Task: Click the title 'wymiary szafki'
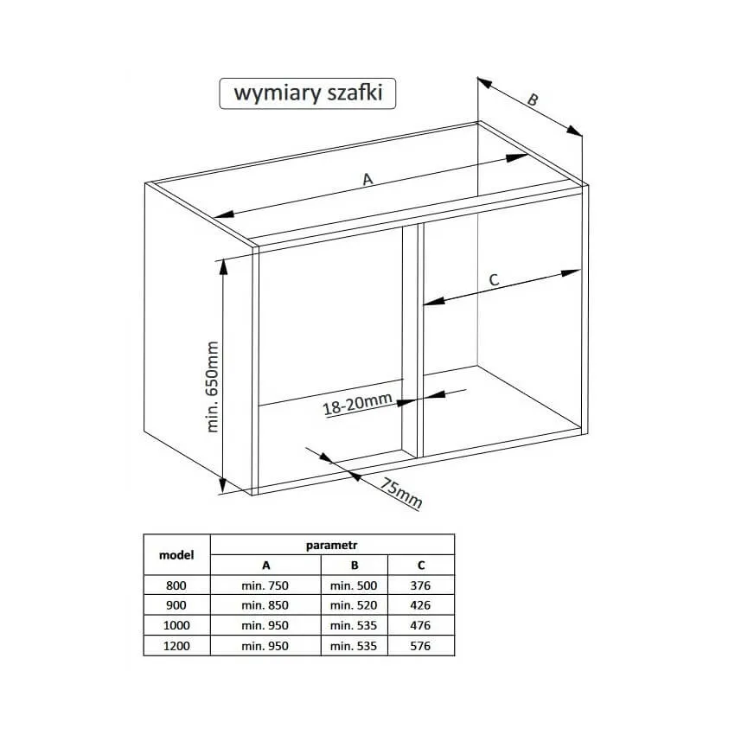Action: pos(308,93)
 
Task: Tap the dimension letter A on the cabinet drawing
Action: pos(367,179)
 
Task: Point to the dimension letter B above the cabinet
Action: pos(533,99)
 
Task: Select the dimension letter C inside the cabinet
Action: pos(494,280)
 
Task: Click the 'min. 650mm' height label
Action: pos(213,387)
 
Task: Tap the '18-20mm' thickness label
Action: pos(358,404)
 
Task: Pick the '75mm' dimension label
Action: pos(400,493)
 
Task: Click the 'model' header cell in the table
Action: pos(176,555)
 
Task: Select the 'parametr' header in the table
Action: pos(331,545)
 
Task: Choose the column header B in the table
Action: pos(355,566)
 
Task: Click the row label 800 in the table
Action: pos(176,585)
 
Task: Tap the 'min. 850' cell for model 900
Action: pos(265,605)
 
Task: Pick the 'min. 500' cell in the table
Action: pos(354,585)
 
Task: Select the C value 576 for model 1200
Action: pos(420,646)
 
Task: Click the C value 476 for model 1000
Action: pos(420,625)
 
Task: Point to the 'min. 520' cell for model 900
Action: pos(354,605)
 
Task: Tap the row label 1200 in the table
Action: pos(176,646)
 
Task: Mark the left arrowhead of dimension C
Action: pos(433,300)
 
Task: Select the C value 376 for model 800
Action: pos(420,585)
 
